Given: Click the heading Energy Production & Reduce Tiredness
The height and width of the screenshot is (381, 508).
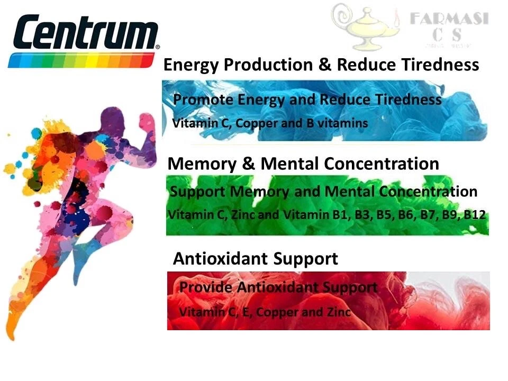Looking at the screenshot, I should point(321,65).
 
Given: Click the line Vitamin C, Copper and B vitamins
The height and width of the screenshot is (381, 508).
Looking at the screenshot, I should point(270,123).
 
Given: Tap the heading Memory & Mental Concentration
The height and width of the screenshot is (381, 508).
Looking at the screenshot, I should point(303,164).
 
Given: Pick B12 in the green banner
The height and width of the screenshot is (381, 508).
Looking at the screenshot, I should point(475,215).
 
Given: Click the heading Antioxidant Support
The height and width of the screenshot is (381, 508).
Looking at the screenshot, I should point(255,259).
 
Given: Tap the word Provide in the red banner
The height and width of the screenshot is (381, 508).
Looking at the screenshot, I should point(206,288).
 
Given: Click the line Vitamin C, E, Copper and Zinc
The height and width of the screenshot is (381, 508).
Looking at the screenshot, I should point(265,312).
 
